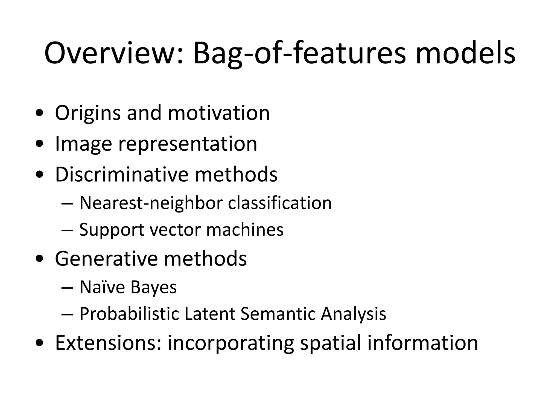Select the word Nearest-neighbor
tap(151, 203)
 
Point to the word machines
tap(245, 229)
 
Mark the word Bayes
tap(153, 287)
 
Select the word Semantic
tap(278, 314)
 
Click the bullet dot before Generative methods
tap(40, 259)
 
